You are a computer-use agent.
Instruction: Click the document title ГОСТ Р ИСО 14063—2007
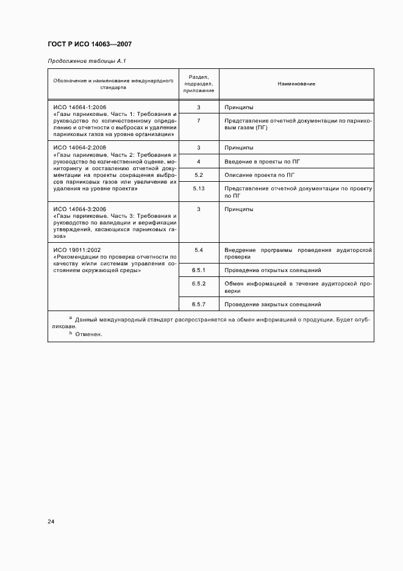point(90,45)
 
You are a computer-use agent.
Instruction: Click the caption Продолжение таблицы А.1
point(86,61)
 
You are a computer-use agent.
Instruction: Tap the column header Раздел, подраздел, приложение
point(199,84)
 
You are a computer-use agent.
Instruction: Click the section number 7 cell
point(199,120)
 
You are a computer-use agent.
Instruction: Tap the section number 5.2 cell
point(199,175)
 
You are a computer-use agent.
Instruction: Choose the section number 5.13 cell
point(199,189)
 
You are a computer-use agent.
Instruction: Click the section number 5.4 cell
point(199,250)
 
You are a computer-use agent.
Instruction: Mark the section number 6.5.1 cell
point(199,270)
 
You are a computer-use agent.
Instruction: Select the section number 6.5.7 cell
point(199,304)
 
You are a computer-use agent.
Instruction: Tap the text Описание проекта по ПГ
point(260,175)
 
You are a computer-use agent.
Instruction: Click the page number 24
point(51,522)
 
